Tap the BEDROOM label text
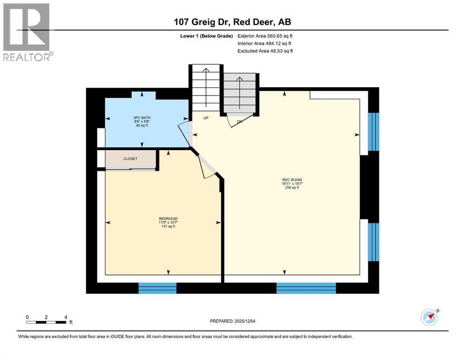click(x=168, y=218)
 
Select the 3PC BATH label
click(x=141, y=118)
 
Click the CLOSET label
click(x=130, y=159)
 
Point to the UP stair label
click(x=205, y=118)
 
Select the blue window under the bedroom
click(x=157, y=287)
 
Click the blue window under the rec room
click(x=306, y=287)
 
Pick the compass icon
click(x=429, y=317)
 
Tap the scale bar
click(x=46, y=322)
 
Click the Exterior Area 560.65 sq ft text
click(x=266, y=36)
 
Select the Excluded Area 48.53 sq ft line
click(x=266, y=51)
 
